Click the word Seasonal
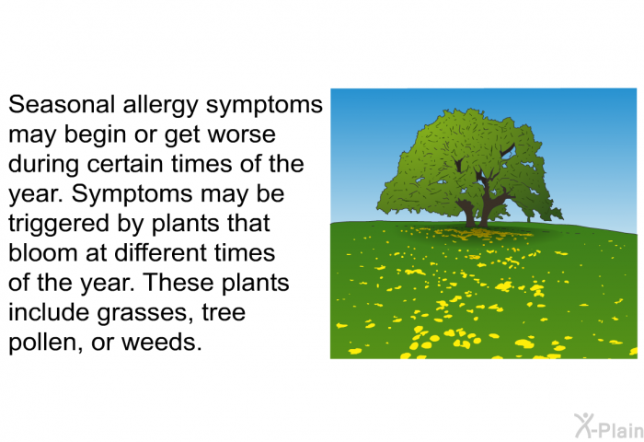click(62, 104)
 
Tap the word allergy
click(161, 106)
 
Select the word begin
click(95, 135)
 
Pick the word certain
click(127, 164)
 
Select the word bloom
click(43, 252)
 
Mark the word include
click(49, 311)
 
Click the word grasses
click(145, 313)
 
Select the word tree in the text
click(224, 312)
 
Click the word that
click(249, 223)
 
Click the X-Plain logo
click(609, 426)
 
